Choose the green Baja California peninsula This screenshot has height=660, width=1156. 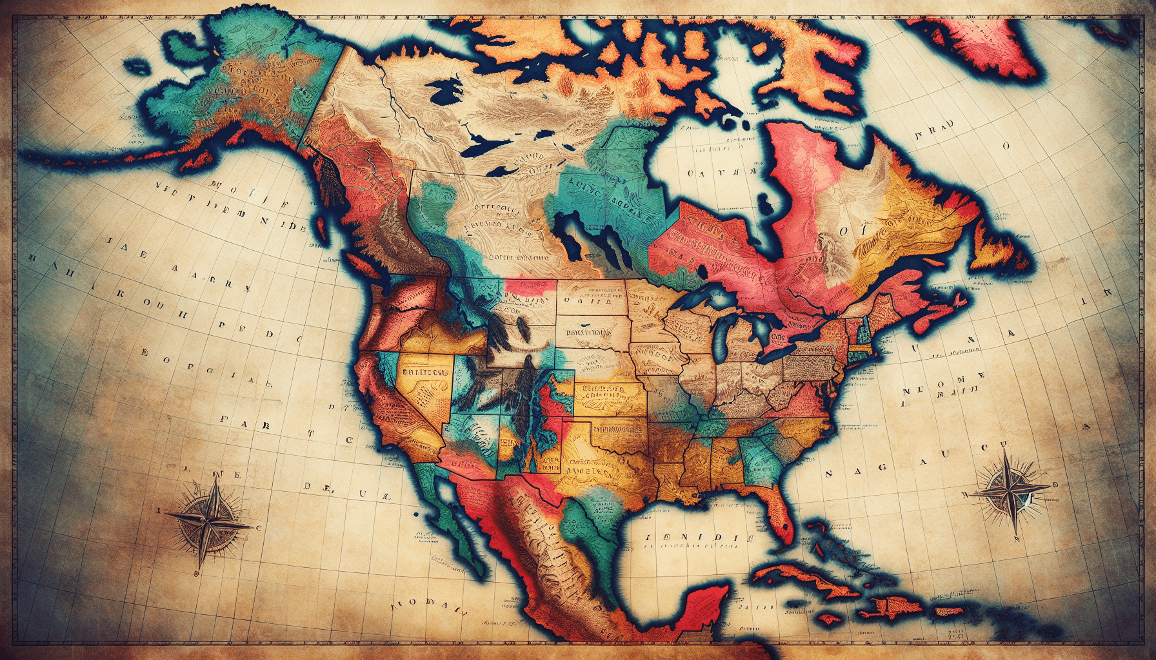445,509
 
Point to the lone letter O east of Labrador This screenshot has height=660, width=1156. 1004,146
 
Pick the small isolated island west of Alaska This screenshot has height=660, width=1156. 136,66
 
